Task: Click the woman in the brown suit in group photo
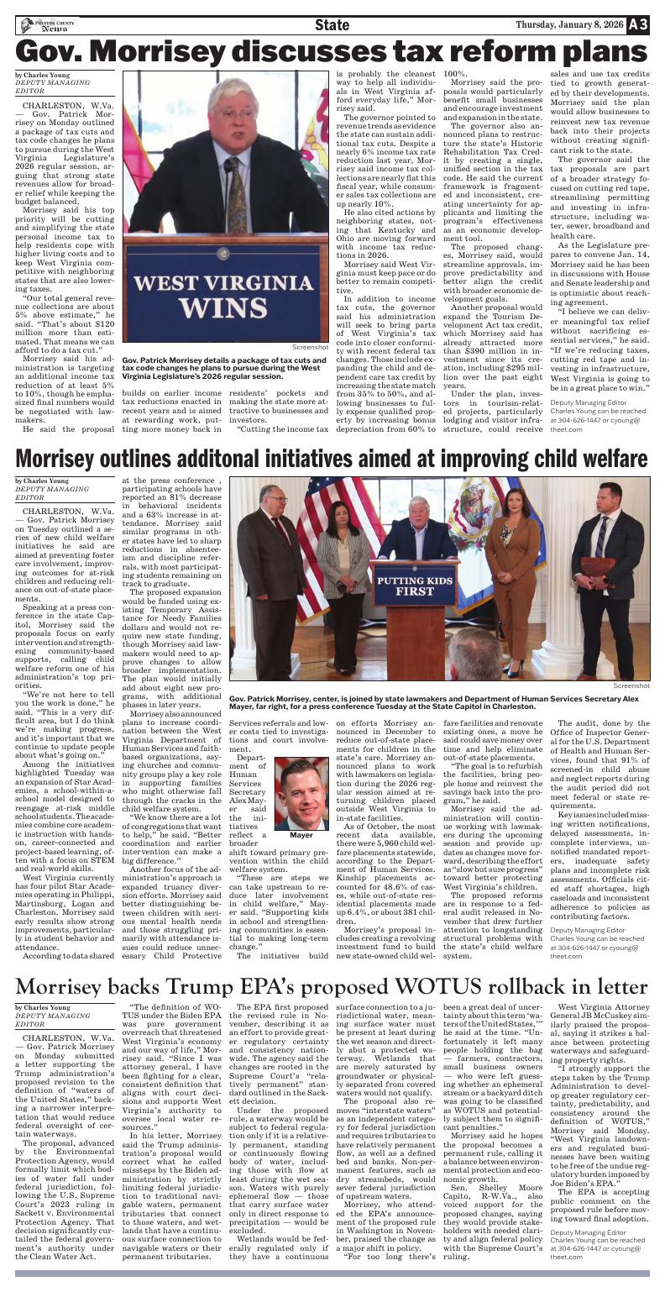click(x=513, y=580)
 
